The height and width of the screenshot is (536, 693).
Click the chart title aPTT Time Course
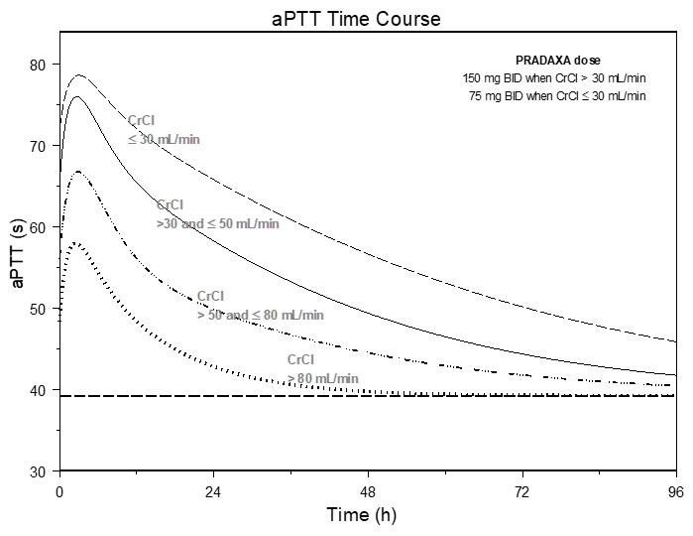pos(356,19)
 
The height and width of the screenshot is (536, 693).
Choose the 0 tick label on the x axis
pos(59,489)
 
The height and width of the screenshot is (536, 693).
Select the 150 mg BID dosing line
pos(554,78)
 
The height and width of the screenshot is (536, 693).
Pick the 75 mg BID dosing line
pos(557,95)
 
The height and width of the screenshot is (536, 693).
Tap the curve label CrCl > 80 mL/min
pos(322,368)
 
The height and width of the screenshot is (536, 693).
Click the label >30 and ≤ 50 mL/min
pos(218,223)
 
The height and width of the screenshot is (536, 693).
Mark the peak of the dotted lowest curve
pos(75,243)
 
